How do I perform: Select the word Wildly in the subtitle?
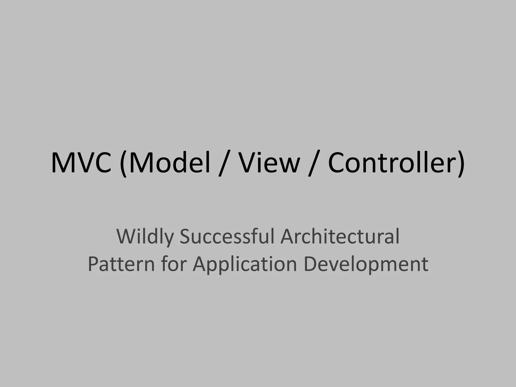(x=145, y=237)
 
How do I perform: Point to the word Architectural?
(x=340, y=237)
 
